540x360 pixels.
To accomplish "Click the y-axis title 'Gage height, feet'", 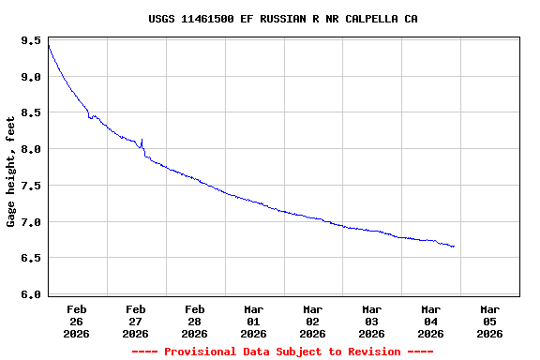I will pyautogui.click(x=11, y=172).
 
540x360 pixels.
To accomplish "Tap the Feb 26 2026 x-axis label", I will pyautogui.click(x=77, y=321).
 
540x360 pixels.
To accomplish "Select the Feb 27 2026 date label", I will pyautogui.click(x=136, y=321).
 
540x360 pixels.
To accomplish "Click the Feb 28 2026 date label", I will pyautogui.click(x=195, y=321).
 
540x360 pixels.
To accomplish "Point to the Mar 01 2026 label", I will pyautogui.click(x=254, y=321).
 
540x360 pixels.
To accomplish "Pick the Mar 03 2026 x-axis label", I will pyautogui.click(x=372, y=321).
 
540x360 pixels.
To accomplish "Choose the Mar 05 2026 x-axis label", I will pyautogui.click(x=490, y=321).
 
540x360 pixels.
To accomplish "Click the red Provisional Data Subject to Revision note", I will pyautogui.click(x=282, y=352).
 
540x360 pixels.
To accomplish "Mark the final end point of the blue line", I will pyautogui.click(x=454, y=247).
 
